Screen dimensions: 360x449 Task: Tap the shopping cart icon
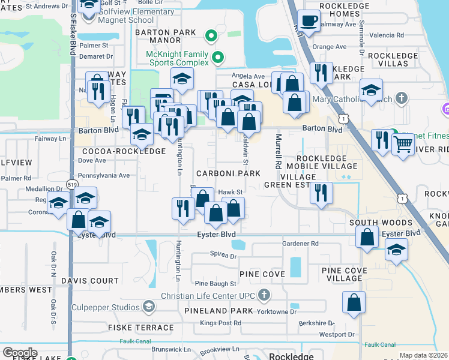tap(403, 144)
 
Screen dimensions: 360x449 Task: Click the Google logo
tap(20, 352)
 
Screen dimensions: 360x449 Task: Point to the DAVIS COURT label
tap(89, 280)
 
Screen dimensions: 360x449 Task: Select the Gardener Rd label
tap(300, 244)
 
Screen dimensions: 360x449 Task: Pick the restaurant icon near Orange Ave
tap(321, 73)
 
